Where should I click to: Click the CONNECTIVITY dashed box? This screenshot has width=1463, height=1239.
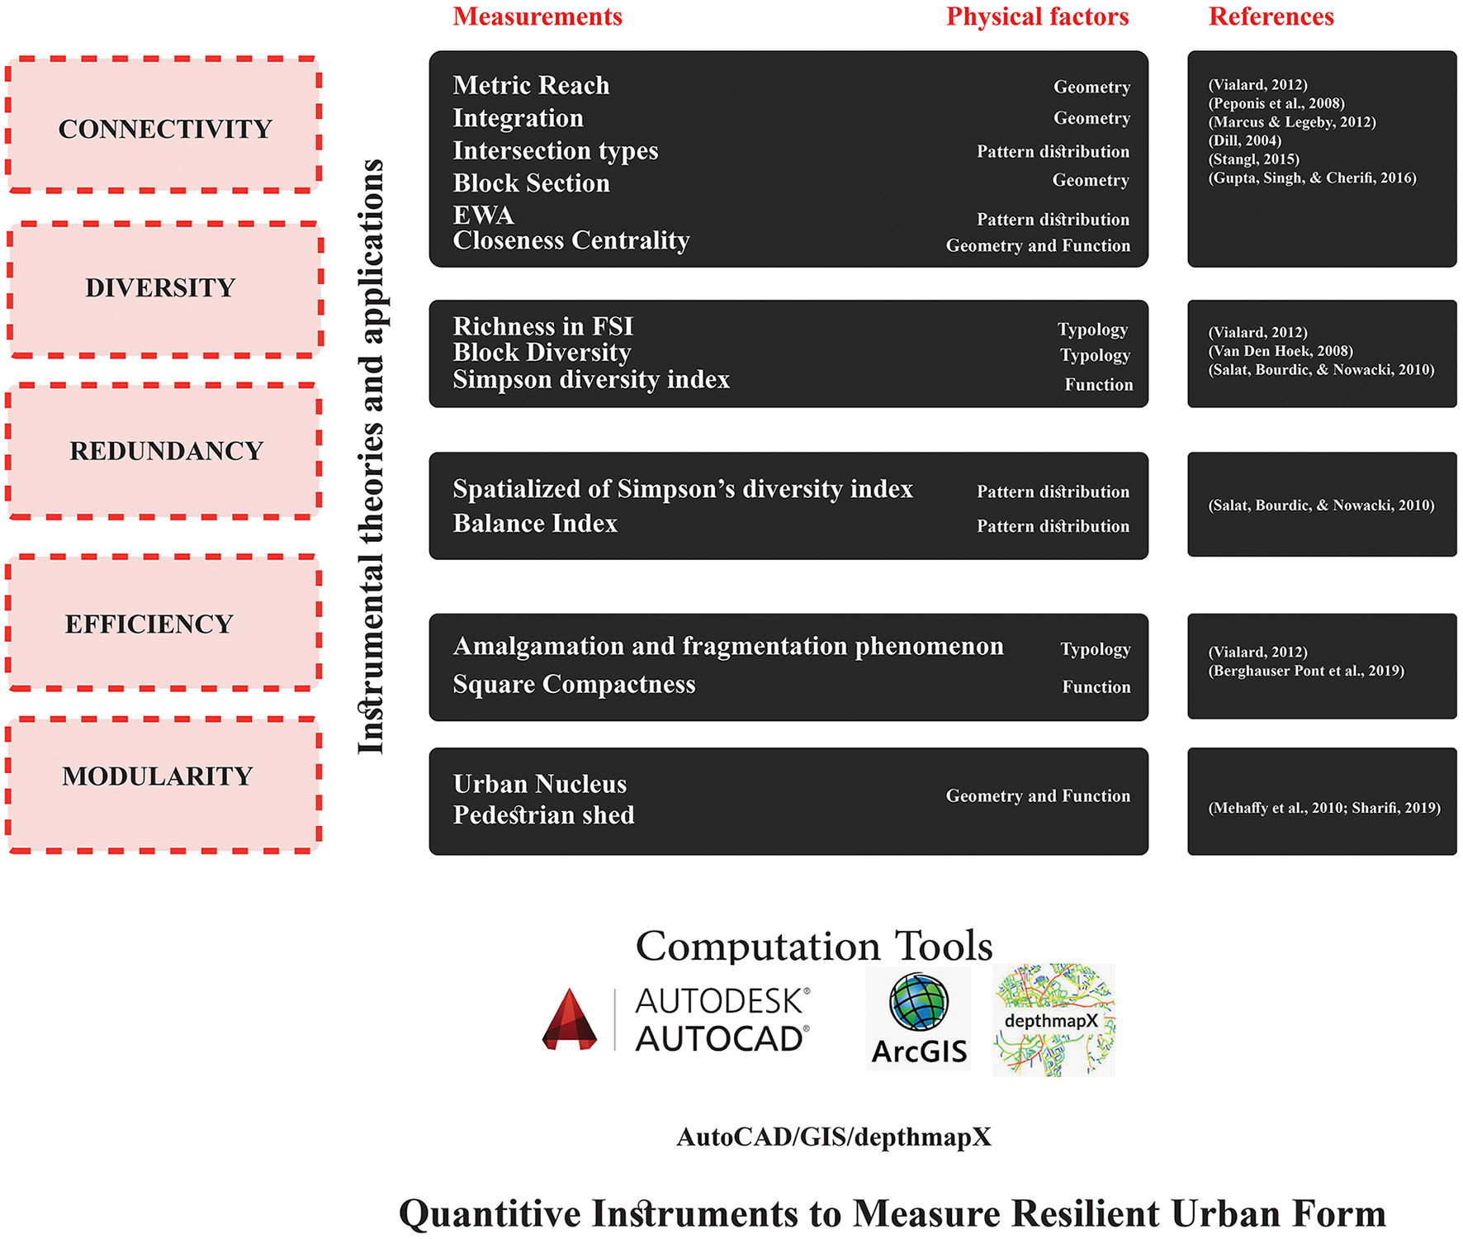[163, 126]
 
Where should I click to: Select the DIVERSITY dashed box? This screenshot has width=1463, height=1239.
[164, 288]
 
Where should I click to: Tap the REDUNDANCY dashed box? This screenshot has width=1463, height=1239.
[163, 451]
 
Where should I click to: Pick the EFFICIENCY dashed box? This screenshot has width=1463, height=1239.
[163, 622]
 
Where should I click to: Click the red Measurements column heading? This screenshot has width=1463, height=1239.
[537, 17]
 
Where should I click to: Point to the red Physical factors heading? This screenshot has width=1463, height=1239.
[1037, 17]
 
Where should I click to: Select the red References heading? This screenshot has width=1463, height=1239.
[1271, 17]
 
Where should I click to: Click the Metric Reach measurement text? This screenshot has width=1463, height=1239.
[531, 85]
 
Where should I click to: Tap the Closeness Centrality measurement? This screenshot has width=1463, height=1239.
[571, 240]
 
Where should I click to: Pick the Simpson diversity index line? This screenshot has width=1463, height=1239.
[591, 380]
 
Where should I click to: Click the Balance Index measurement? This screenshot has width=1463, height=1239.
[535, 524]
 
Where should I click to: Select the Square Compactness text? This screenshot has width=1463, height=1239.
[574, 685]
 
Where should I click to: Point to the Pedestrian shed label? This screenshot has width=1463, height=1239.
[543, 815]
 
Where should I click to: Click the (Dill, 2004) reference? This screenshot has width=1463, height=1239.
[1244, 140]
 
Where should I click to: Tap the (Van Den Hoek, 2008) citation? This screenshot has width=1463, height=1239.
[1281, 351]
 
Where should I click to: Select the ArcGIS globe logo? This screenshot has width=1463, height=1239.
[918, 1002]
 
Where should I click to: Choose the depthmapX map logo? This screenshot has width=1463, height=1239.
[1053, 1020]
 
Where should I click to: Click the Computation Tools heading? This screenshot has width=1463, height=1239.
[813, 946]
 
